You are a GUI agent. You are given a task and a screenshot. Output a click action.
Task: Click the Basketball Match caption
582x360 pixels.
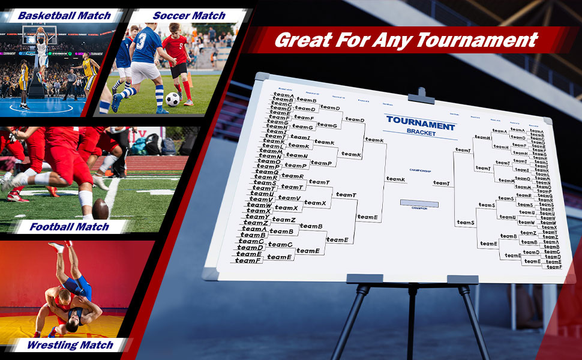click(x=64, y=16)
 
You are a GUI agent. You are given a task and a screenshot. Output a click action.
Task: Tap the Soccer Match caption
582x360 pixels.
click(x=189, y=16)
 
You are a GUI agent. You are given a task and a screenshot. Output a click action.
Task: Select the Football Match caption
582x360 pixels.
click(x=70, y=227)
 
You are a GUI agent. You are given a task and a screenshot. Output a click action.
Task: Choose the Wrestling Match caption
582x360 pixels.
click(x=70, y=345)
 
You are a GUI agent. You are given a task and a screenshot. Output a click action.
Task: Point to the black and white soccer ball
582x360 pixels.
click(x=173, y=99)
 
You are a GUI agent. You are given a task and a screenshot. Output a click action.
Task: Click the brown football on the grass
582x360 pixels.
click(x=100, y=209)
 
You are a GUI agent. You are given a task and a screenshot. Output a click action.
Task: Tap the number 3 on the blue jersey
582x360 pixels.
click(x=141, y=41)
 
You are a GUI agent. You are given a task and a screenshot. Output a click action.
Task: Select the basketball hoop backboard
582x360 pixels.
click(x=38, y=35)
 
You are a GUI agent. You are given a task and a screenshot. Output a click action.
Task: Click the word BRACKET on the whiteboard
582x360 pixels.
click(x=421, y=133)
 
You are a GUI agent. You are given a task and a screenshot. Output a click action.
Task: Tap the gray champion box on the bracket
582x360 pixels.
click(x=419, y=203)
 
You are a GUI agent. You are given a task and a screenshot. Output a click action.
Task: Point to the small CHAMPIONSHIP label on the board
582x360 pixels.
click(x=420, y=170)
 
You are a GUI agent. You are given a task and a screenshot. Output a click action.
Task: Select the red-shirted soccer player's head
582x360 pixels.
click(x=174, y=28)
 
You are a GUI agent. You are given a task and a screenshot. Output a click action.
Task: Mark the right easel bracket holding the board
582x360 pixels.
click(x=463, y=279)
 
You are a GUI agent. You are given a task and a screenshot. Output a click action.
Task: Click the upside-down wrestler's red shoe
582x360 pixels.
click(x=57, y=247)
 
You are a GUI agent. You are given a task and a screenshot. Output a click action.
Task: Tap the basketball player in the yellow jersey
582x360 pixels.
click(x=91, y=70)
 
